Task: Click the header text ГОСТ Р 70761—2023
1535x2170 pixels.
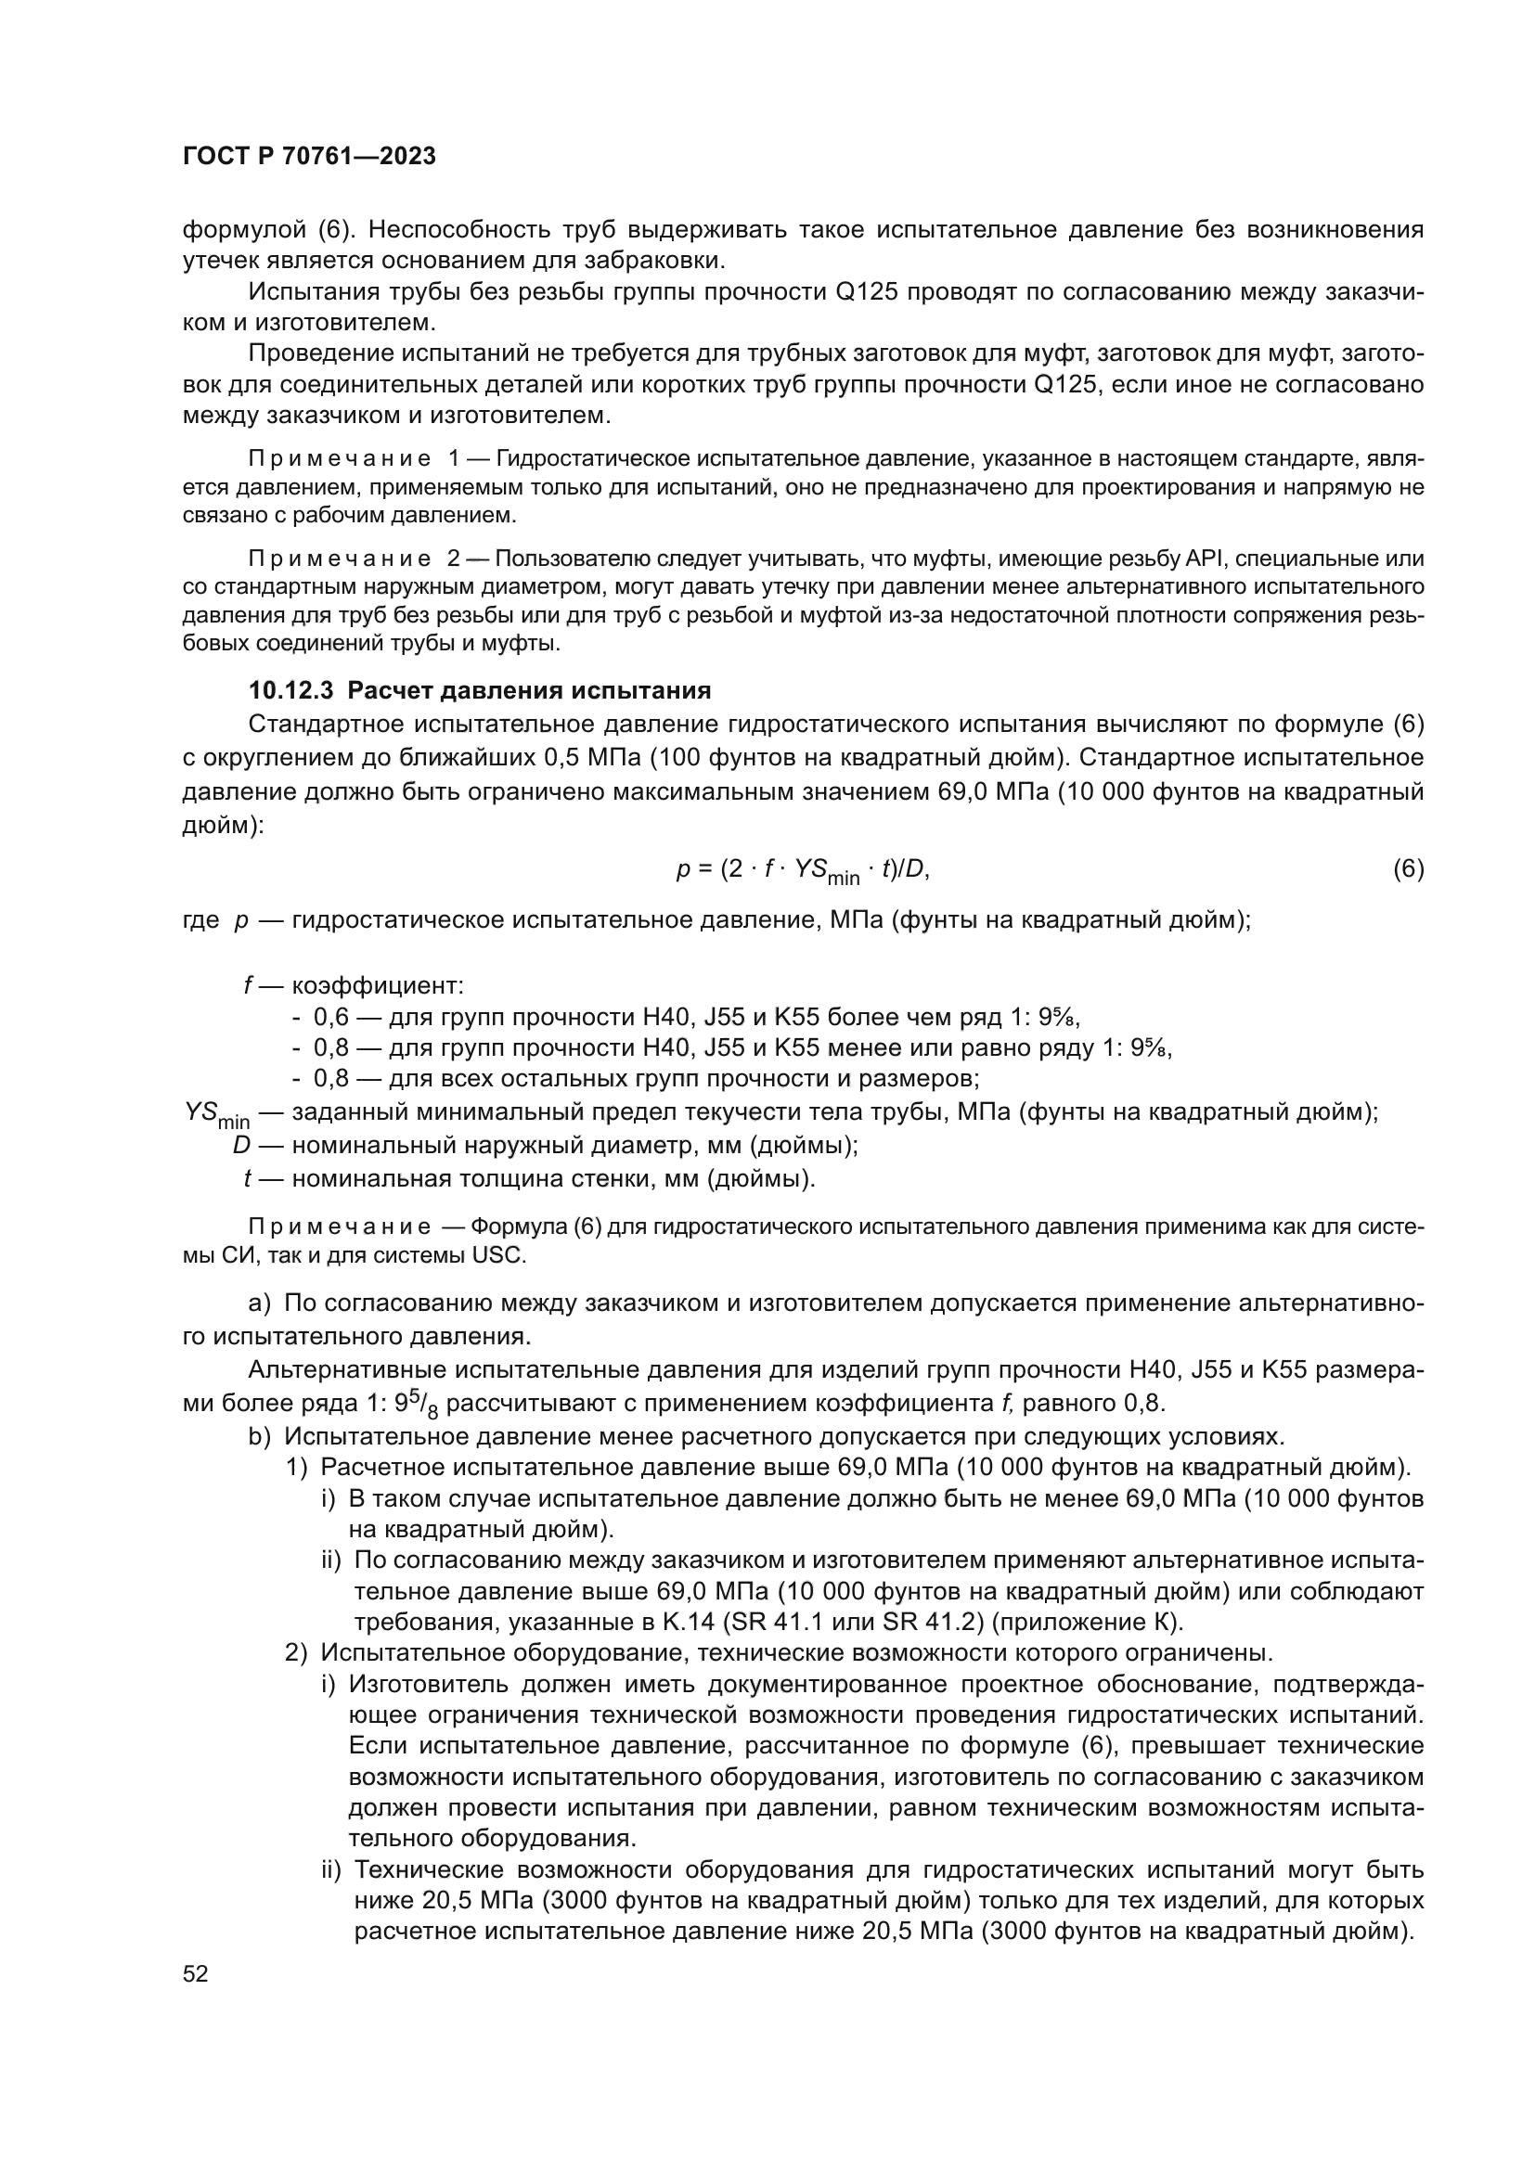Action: coord(309,157)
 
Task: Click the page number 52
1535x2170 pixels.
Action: coord(195,1973)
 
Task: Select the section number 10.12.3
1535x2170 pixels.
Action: coord(291,691)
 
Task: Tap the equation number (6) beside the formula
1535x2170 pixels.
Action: coord(1409,869)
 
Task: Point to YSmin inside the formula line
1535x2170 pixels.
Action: coord(826,872)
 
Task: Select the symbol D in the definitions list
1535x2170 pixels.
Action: coord(242,1146)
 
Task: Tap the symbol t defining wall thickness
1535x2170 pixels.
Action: coord(247,1178)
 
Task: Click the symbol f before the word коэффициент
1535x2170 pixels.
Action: coord(248,986)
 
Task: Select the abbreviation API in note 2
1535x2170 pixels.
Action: coord(1205,559)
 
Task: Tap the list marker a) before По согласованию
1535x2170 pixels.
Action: coord(259,1304)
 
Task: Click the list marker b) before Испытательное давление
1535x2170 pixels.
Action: coord(259,1436)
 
